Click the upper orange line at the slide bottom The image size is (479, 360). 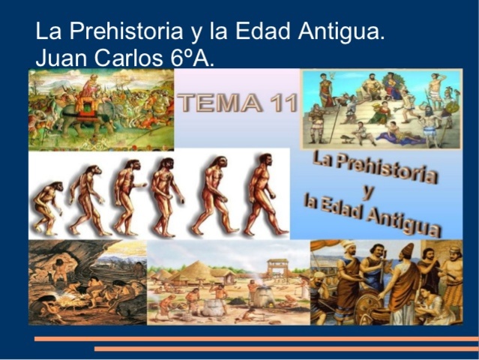(256, 339)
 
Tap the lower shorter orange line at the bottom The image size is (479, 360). (286, 349)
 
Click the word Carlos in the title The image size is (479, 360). (127, 57)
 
